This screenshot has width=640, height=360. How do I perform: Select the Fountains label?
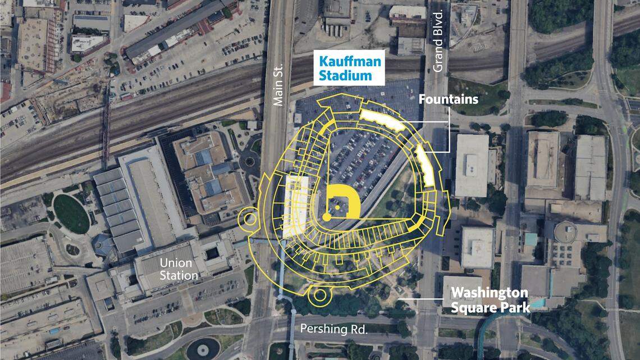click(x=449, y=99)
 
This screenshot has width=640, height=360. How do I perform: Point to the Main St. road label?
click(x=279, y=84)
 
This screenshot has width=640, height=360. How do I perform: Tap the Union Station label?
click(x=179, y=269)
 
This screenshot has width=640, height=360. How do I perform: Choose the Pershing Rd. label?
click(x=334, y=329)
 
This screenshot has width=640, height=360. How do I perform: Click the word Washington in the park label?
click(x=490, y=293)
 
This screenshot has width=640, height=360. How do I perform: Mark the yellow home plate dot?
click(x=326, y=216)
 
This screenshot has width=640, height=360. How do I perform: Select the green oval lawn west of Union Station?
click(x=71, y=213)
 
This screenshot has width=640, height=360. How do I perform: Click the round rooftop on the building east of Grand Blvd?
click(x=566, y=230)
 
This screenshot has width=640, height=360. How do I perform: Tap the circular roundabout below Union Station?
click(x=202, y=348)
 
